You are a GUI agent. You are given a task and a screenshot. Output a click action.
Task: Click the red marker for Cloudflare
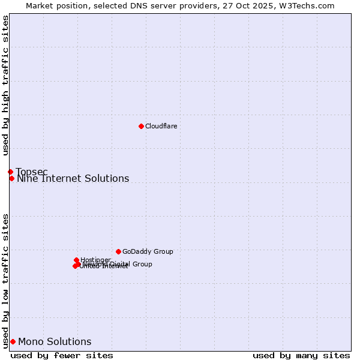(141, 126)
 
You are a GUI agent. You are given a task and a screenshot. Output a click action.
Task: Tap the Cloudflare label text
(161, 126)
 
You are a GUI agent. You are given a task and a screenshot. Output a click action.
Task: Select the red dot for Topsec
(10, 172)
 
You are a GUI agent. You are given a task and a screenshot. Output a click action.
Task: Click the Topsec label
(31, 172)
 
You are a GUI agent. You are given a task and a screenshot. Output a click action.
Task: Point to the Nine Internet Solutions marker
(11, 178)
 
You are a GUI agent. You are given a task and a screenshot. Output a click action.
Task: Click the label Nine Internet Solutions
(73, 179)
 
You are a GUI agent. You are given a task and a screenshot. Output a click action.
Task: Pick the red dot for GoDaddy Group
(118, 251)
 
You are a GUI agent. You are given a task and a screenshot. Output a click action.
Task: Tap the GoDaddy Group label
(148, 252)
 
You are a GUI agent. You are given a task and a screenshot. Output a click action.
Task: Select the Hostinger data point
(76, 260)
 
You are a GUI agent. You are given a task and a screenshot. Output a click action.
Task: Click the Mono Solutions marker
(13, 341)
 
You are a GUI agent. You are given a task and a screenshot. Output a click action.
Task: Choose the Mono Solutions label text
(55, 342)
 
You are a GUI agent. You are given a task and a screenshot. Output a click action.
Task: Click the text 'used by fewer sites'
(62, 355)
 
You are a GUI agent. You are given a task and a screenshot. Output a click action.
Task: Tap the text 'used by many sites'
(301, 355)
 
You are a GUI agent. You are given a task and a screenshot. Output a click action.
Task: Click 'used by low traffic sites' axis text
(5, 280)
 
